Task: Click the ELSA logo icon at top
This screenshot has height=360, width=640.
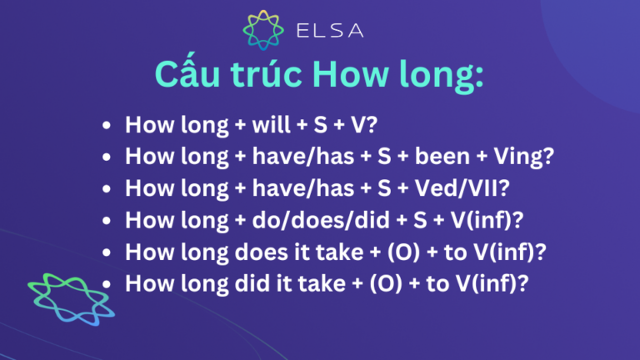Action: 262,32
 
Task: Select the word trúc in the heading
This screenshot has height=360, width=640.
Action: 276,80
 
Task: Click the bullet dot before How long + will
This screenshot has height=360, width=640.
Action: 106,127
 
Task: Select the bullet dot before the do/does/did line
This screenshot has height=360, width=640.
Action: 106,221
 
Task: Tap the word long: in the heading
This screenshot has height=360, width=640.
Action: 444,82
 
